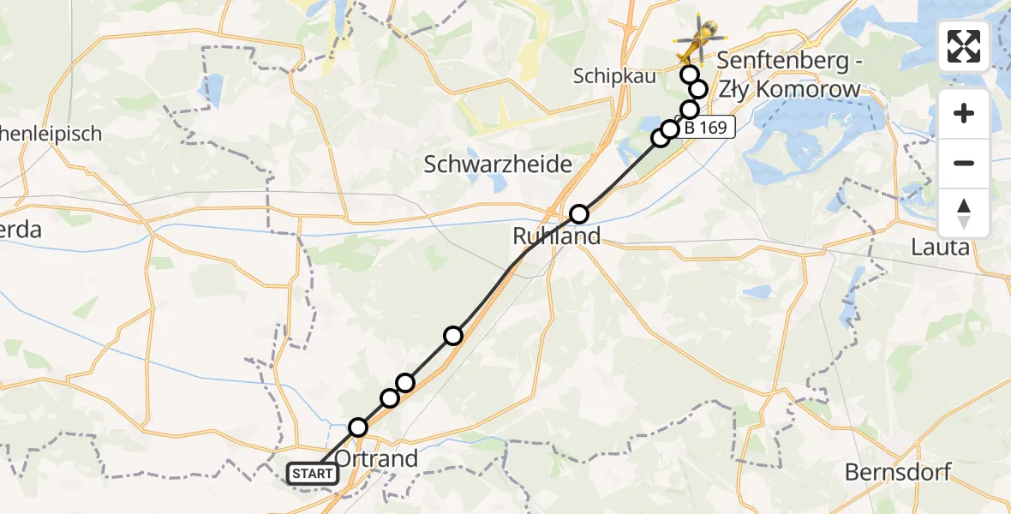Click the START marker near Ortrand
click(313, 473)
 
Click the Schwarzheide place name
click(498, 164)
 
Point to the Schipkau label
click(616, 76)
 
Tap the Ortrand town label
click(376, 458)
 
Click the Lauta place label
click(942, 248)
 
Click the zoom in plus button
click(964, 113)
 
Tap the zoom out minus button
click(964, 163)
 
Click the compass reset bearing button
click(964, 212)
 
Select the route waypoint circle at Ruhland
click(580, 213)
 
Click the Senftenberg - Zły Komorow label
click(788, 75)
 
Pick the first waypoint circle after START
click(358, 427)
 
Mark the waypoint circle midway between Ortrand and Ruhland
click(453, 335)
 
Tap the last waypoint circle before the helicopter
click(690, 75)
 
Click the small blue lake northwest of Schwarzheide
click(209, 87)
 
